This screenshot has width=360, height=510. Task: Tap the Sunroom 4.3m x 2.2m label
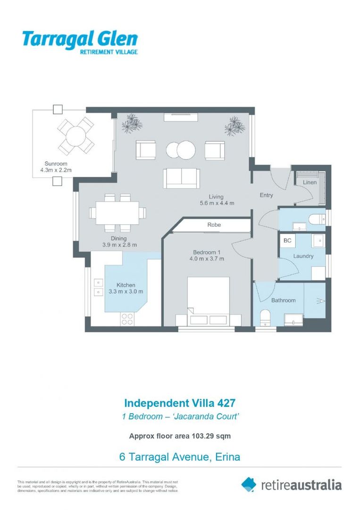click(x=52, y=167)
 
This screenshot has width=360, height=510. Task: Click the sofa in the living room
click(x=181, y=178)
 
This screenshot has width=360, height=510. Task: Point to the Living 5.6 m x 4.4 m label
click(x=217, y=200)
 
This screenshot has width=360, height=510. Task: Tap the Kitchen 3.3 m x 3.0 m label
click(x=126, y=289)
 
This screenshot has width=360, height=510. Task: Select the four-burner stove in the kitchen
click(x=127, y=319)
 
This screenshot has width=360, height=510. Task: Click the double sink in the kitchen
click(x=98, y=287)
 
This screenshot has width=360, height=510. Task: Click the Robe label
click(x=214, y=225)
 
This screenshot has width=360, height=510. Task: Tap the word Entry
click(x=266, y=195)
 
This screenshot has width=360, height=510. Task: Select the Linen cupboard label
click(x=310, y=182)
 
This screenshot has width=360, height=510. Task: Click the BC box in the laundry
click(x=287, y=241)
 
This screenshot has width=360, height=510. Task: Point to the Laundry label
click(x=303, y=256)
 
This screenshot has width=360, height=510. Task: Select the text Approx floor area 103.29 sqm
click(x=179, y=436)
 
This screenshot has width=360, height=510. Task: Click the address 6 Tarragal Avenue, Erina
click(x=179, y=457)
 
